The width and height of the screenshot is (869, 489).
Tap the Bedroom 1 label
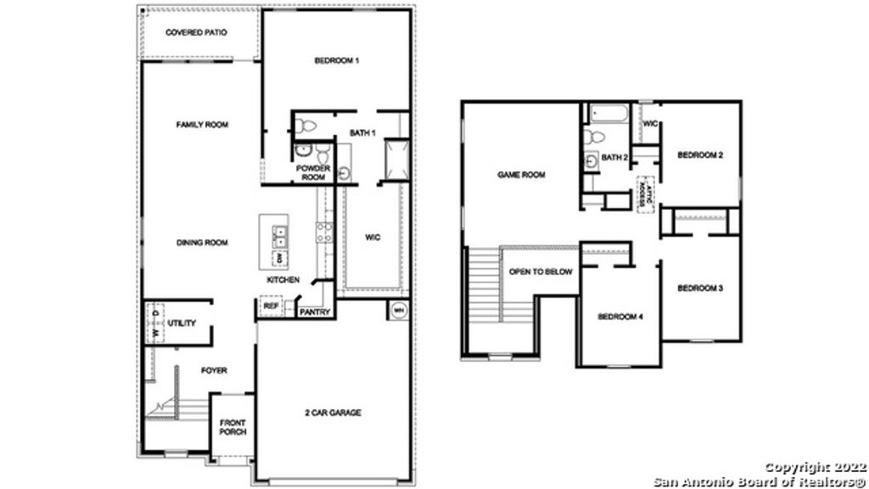pos(338,60)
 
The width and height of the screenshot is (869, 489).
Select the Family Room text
pos(202,125)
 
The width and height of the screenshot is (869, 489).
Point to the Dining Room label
pos(202,243)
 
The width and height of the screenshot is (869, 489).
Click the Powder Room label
pos(312,172)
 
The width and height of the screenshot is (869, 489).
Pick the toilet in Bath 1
pos(306,126)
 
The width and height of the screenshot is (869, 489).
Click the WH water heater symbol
pos(398,311)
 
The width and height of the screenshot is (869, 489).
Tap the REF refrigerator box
pos(271,306)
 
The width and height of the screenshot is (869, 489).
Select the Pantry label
pos(314,312)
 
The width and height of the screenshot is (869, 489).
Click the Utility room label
pos(182,323)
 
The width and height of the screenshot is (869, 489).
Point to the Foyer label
pos(214,370)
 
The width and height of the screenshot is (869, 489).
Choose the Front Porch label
pos(233,427)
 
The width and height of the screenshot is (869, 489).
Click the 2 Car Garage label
pos(334,413)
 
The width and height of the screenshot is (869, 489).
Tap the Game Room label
pos(520,175)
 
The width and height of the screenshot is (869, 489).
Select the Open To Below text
pos(541,272)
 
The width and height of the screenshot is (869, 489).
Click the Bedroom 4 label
pos(620,317)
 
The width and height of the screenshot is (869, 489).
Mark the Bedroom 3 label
pos(699,289)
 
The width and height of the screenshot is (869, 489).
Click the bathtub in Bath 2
pos(606,113)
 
